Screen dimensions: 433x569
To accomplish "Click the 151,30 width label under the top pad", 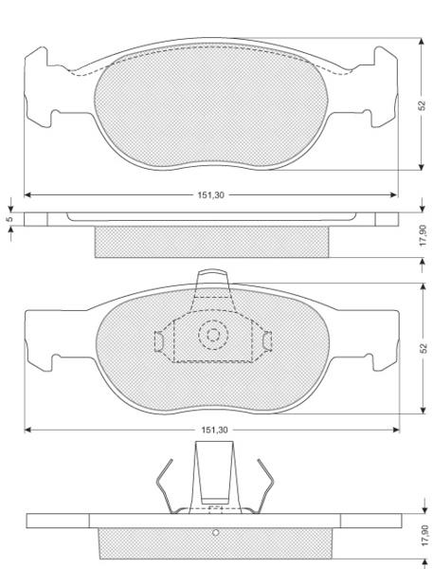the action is click(210, 194).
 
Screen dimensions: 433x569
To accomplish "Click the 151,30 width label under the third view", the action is click(215, 430).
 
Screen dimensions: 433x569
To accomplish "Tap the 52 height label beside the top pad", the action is click(422, 105).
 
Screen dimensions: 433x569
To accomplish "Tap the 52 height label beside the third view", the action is click(424, 348).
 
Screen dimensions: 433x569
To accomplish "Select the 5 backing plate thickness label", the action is click(10, 219).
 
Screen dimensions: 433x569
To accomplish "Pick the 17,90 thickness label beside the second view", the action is click(424, 235).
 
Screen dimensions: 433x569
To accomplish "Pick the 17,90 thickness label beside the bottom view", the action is click(425, 536).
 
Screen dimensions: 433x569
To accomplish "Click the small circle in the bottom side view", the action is click(216, 533).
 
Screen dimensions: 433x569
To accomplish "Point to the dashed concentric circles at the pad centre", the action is click(213, 335).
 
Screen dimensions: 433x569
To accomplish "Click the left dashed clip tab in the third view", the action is click(159, 341).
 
